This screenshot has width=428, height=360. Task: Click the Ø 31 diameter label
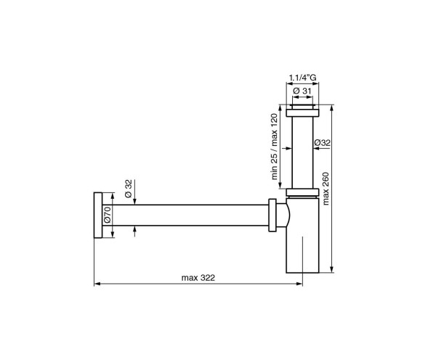coord(302,89)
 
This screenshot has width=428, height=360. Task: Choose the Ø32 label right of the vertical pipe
coord(323,143)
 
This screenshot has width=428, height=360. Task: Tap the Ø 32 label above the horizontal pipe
coord(128,188)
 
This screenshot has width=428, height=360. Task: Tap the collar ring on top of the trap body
coord(302,194)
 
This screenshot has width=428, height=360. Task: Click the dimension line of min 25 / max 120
coord(284,149)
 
